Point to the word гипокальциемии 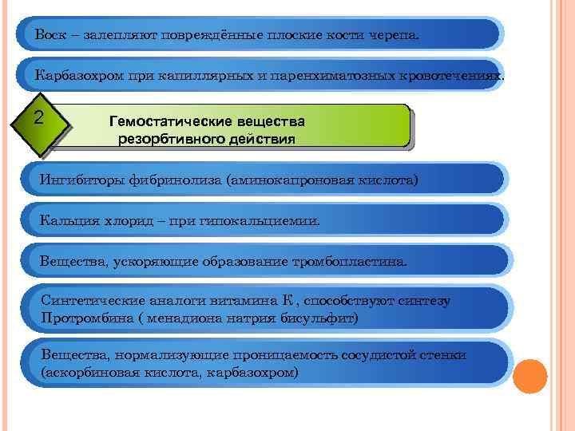click(272, 220)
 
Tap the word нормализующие click(168, 355)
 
